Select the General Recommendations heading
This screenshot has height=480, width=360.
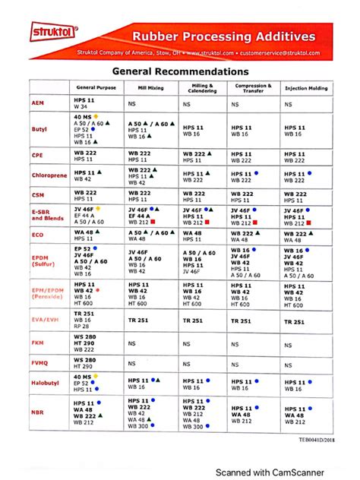[x=180, y=71]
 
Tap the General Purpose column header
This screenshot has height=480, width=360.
[x=96, y=88]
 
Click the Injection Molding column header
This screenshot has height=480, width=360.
[x=306, y=88]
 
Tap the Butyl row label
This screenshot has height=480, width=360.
[x=39, y=130]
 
